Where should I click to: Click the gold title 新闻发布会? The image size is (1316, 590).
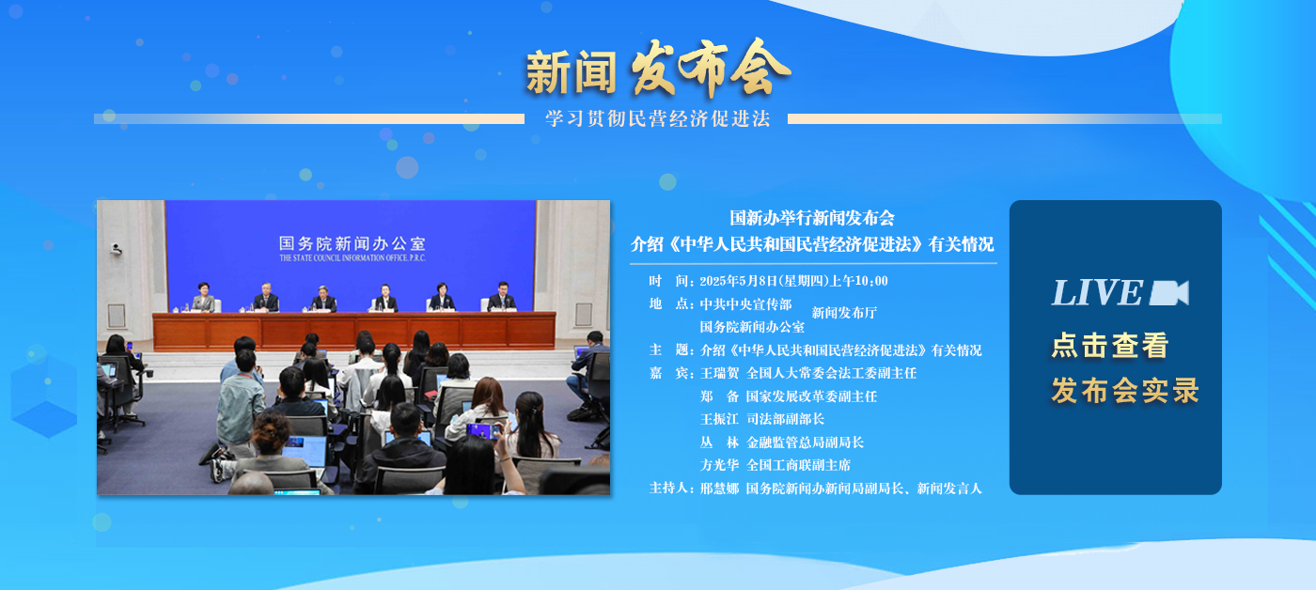pyautogui.click(x=658, y=70)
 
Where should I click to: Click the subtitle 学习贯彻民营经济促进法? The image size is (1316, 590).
pyautogui.click(x=657, y=118)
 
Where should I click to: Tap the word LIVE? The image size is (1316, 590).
pyautogui.click(x=1097, y=292)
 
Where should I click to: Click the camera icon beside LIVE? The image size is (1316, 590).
pyautogui.click(x=1169, y=293)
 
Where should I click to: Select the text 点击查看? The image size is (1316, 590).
pyautogui.click(x=1110, y=345)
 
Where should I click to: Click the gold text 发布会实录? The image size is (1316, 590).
pyautogui.click(x=1125, y=391)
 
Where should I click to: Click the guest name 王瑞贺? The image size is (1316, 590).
pyautogui.click(x=719, y=373)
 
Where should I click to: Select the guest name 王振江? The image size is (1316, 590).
pyautogui.click(x=719, y=419)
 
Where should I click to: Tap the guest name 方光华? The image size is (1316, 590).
pyautogui.click(x=719, y=466)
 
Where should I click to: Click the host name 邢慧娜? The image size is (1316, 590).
pyautogui.click(x=719, y=489)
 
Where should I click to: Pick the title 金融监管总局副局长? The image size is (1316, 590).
pyautogui.click(x=805, y=442)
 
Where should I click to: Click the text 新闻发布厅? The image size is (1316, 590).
pyautogui.click(x=844, y=313)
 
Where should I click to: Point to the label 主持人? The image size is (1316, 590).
pyautogui.click(x=668, y=489)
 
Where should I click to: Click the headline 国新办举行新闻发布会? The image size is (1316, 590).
pyautogui.click(x=812, y=218)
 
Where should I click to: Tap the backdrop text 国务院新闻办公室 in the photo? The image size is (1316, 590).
pyautogui.click(x=352, y=243)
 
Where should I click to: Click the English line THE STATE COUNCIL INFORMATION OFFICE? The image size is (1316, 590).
pyautogui.click(x=352, y=257)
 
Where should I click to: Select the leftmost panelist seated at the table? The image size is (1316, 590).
pyautogui.click(x=203, y=297)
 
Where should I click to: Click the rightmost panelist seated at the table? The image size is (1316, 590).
pyautogui.click(x=502, y=297)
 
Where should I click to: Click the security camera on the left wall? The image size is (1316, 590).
pyautogui.click(x=116, y=249)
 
